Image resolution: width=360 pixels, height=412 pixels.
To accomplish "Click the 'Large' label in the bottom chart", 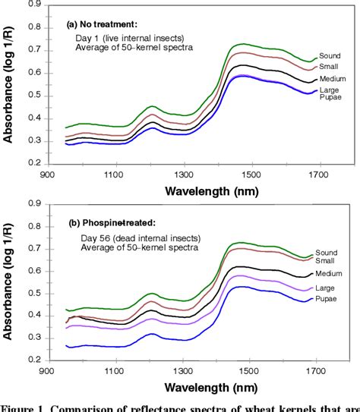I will (x=336, y=288).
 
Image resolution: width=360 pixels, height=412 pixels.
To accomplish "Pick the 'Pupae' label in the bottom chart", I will (x=336, y=300).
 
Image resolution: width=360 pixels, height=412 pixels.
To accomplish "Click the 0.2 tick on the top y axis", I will (x=34, y=162).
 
